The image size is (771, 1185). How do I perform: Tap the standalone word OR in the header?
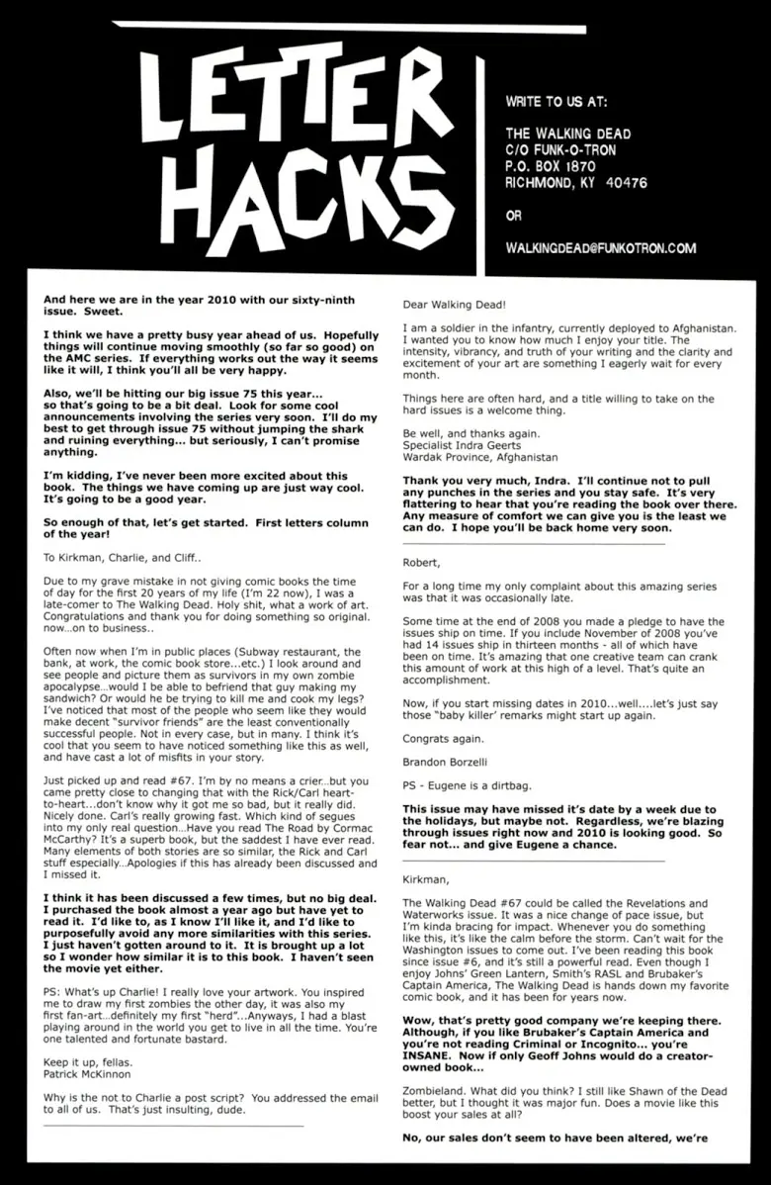pyautogui.click(x=513, y=215)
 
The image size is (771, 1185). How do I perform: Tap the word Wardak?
pyautogui.click(x=426, y=458)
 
